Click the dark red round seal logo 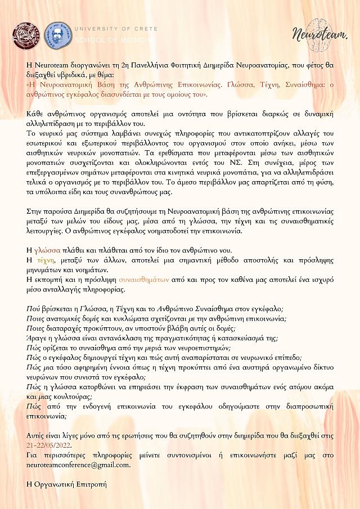coord(26,34)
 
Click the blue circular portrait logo coord(58,34)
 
